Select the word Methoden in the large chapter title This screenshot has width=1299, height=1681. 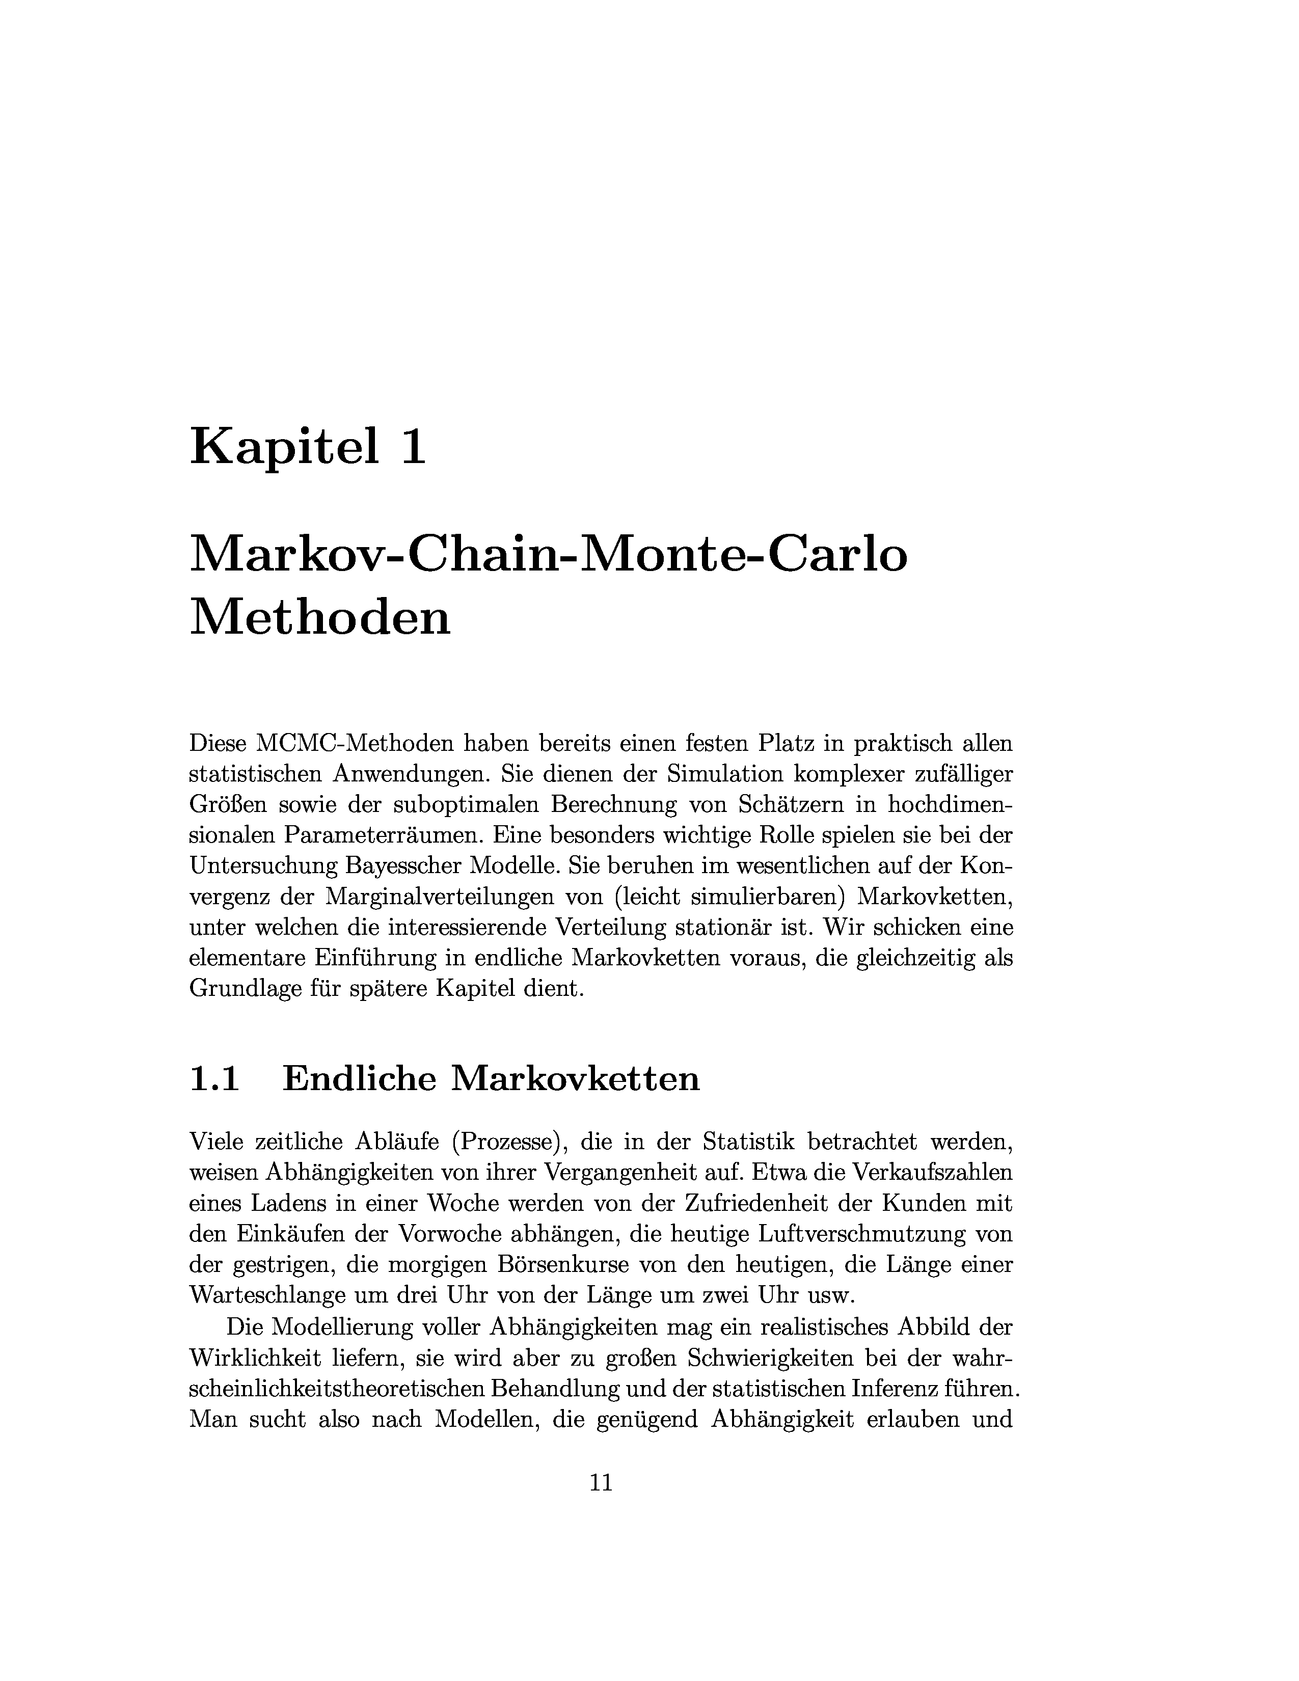coord(319,617)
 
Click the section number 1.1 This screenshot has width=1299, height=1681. coord(214,1079)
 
